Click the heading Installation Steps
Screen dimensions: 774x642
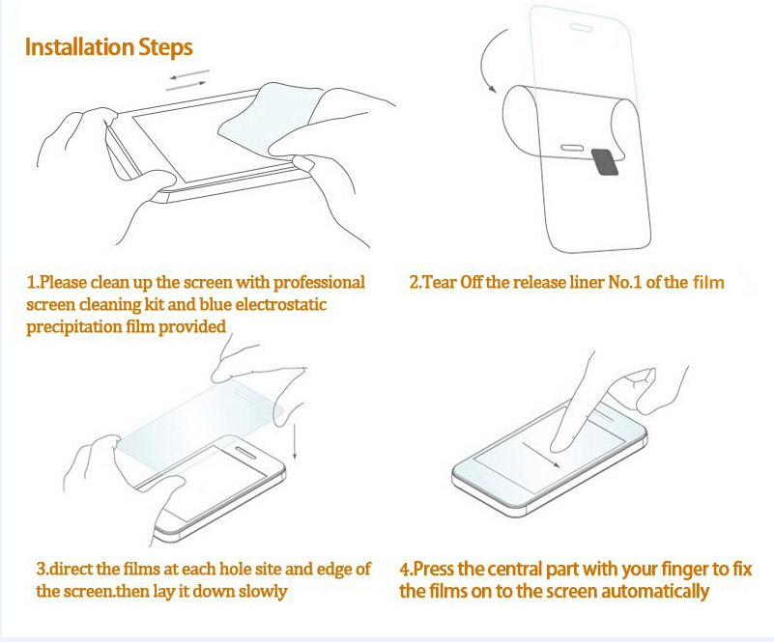pos(108,48)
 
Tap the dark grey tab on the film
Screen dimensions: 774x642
pos(605,161)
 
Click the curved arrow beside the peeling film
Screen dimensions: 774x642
pos(492,60)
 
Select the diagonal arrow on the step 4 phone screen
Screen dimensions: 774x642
pos(541,454)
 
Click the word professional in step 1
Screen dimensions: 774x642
pos(319,283)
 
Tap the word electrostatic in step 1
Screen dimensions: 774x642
pos(281,305)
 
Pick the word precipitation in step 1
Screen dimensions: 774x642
pos(72,327)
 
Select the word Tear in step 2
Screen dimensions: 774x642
pos(441,283)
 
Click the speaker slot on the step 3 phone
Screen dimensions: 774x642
pos(245,453)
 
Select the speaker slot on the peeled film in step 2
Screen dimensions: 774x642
pos(573,148)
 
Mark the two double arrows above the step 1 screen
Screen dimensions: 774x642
pos(187,80)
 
